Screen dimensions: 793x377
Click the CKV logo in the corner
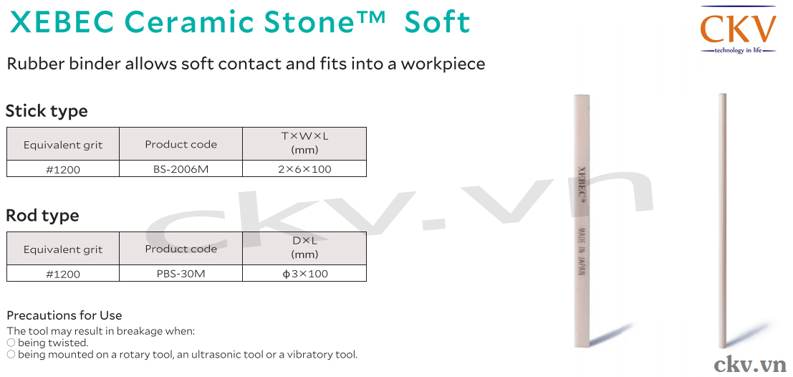point(738,29)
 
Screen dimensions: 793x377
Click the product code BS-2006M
point(181,170)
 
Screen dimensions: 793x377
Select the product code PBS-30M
point(181,275)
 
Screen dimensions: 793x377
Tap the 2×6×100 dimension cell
point(304,170)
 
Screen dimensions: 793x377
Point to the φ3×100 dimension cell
point(304,275)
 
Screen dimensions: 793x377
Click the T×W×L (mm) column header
point(304,143)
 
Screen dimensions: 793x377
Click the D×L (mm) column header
point(304,247)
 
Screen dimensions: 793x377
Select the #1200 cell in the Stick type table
point(63,170)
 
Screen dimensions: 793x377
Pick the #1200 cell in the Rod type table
point(63,275)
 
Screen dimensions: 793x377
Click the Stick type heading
point(47,111)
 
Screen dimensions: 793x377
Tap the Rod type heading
point(42,216)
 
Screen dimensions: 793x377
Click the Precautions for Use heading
point(64,316)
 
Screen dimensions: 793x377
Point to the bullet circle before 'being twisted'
point(11,343)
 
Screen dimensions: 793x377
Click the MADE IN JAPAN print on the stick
point(580,250)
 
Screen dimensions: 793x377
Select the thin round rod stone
point(722,221)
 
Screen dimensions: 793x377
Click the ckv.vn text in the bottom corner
point(750,364)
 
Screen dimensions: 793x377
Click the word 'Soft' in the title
point(438,22)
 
